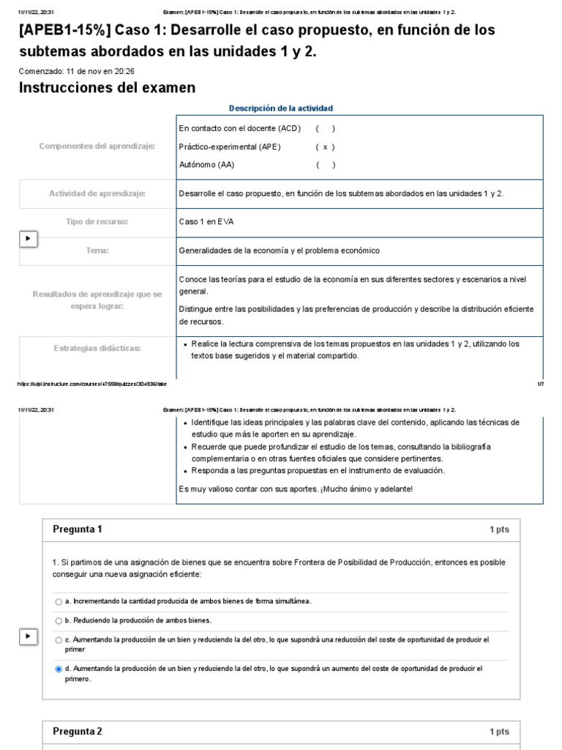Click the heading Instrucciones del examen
click(107, 88)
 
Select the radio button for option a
click(59, 602)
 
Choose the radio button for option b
click(59, 621)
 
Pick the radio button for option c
click(59, 640)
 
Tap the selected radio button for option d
click(59, 669)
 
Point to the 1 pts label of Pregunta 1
click(499, 530)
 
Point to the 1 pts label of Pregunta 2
click(499, 732)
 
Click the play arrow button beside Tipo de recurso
click(28, 239)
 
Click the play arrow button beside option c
click(28, 637)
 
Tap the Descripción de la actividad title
click(281, 108)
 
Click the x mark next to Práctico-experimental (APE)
click(325, 146)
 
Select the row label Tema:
click(97, 250)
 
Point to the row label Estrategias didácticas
click(97, 348)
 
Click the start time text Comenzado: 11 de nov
click(76, 71)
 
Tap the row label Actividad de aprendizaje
click(97, 193)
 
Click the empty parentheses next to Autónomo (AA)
click(326, 165)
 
